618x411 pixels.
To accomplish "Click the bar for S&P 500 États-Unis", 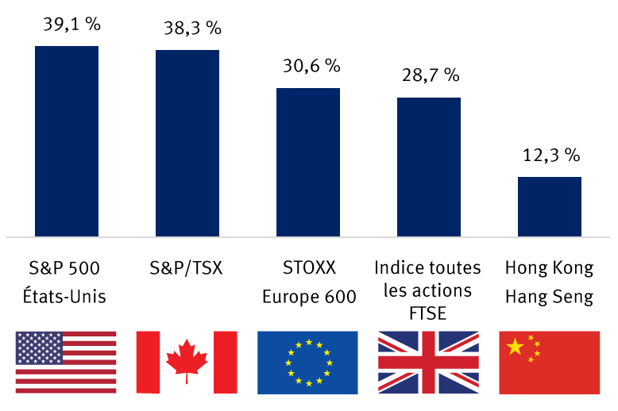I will click(x=67, y=140).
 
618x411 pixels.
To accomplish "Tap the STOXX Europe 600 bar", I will click(x=308, y=162).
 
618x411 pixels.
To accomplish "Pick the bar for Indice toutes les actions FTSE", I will click(x=429, y=167).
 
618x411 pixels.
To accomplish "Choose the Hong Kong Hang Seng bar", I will click(x=550, y=206).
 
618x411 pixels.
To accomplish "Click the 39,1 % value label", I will click(x=71, y=25).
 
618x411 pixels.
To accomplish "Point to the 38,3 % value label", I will click(x=191, y=29).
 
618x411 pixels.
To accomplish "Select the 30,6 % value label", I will click(x=311, y=67).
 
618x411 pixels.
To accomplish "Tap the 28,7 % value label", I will click(x=431, y=76).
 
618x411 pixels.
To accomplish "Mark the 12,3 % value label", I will click(x=551, y=156).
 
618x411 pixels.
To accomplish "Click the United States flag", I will click(x=66, y=363).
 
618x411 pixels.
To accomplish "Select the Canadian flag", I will click(x=187, y=363).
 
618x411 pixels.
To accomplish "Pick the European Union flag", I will click(x=307, y=363).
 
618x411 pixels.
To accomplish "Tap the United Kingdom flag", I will click(x=428, y=363).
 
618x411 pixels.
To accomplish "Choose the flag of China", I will click(x=550, y=363).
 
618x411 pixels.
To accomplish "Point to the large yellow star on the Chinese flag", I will click(x=516, y=346).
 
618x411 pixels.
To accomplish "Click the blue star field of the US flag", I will click(x=39, y=348).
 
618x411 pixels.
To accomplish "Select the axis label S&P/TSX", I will click(x=188, y=268).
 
